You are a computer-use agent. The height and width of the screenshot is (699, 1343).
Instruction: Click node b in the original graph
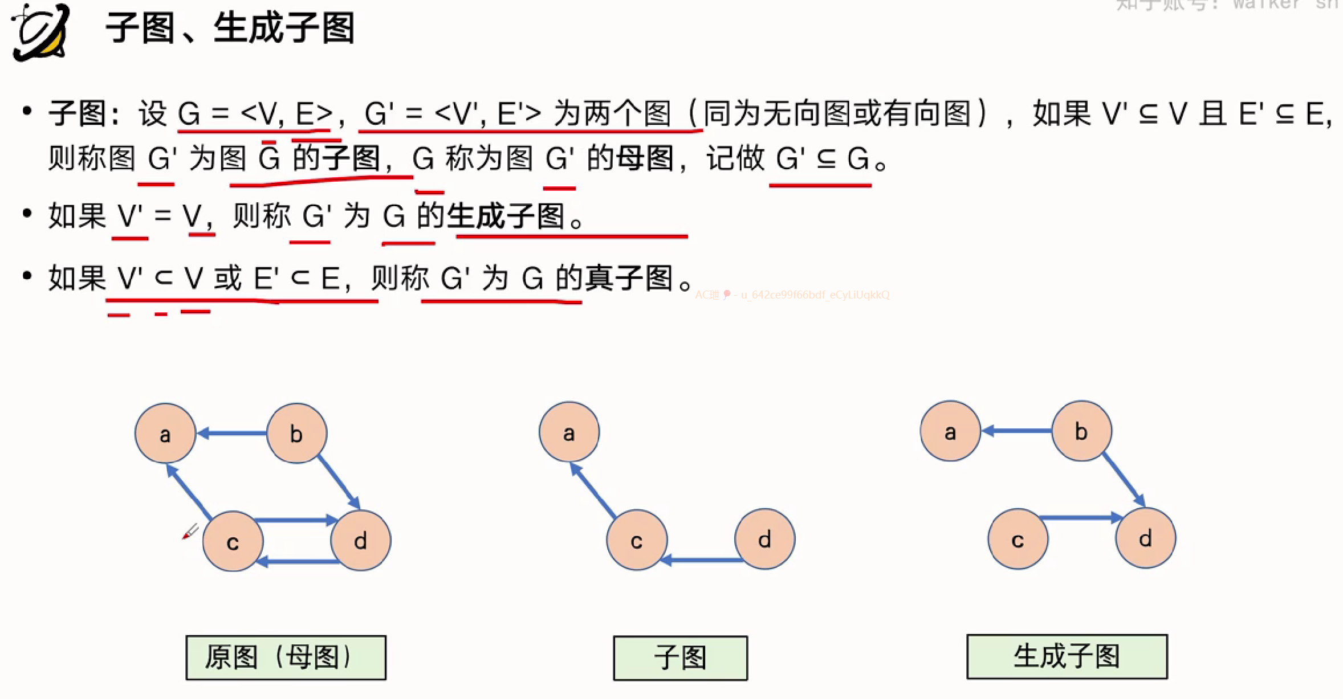pos(296,434)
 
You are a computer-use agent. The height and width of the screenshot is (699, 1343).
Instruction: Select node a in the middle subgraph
pos(569,432)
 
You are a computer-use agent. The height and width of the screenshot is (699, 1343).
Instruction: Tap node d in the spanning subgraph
pos(1145,538)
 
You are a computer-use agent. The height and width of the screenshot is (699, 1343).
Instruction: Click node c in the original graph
pos(233,542)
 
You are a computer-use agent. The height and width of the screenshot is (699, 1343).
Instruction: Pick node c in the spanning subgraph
pos(1018,539)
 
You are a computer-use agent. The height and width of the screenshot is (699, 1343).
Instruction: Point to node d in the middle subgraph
pos(764,539)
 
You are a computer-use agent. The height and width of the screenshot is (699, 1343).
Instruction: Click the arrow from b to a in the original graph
pos(231,434)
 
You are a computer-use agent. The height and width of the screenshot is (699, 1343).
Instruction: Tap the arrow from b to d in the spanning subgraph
pos(1123,479)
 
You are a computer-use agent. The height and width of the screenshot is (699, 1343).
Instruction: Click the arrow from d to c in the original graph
pos(299,562)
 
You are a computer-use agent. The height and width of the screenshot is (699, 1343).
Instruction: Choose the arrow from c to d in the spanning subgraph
pos(1080,518)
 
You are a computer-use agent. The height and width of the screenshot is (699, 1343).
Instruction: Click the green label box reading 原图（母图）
pos(286,657)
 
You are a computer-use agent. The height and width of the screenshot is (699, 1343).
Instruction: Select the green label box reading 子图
pos(680,657)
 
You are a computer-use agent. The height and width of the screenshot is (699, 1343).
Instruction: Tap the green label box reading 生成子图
pos(1067,656)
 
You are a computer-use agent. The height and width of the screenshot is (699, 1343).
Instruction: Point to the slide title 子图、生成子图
pos(230,28)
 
